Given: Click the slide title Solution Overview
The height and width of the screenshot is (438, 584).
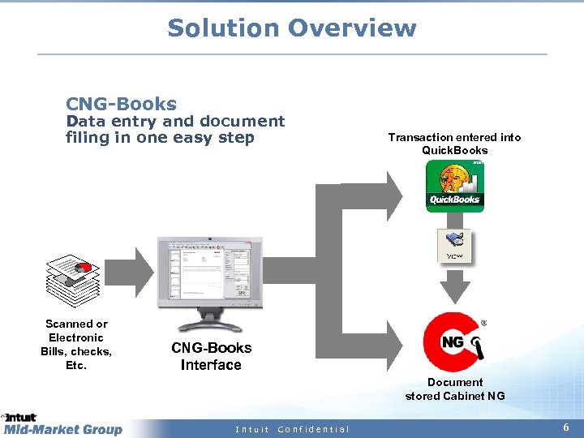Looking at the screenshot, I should (292, 28).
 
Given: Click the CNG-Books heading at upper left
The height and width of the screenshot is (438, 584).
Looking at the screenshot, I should (121, 104).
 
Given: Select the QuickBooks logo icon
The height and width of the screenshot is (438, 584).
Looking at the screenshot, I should (455, 186).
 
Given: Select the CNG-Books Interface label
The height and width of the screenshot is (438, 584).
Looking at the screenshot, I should (211, 356).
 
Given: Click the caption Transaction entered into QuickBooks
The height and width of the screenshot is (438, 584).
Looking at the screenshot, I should (454, 144).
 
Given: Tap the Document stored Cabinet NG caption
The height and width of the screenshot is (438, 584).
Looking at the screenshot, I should (455, 389).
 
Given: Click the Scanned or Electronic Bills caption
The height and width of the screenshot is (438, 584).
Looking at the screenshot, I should (76, 344).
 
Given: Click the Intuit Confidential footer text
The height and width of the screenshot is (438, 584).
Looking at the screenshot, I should (292, 429).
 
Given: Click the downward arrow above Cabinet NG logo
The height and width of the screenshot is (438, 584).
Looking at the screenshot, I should (455, 285).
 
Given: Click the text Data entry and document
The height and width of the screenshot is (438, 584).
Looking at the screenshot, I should (175, 121).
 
